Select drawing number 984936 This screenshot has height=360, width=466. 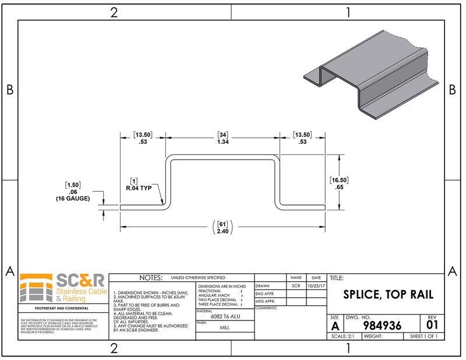(x=382, y=326)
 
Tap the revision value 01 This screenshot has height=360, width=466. (x=432, y=324)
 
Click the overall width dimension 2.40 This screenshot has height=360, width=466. (x=223, y=231)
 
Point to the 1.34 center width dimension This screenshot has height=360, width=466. (x=223, y=142)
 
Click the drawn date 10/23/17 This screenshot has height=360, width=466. (x=316, y=286)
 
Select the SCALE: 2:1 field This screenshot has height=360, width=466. (x=344, y=337)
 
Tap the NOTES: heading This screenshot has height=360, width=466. (x=148, y=278)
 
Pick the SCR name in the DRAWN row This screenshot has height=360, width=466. (x=296, y=286)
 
